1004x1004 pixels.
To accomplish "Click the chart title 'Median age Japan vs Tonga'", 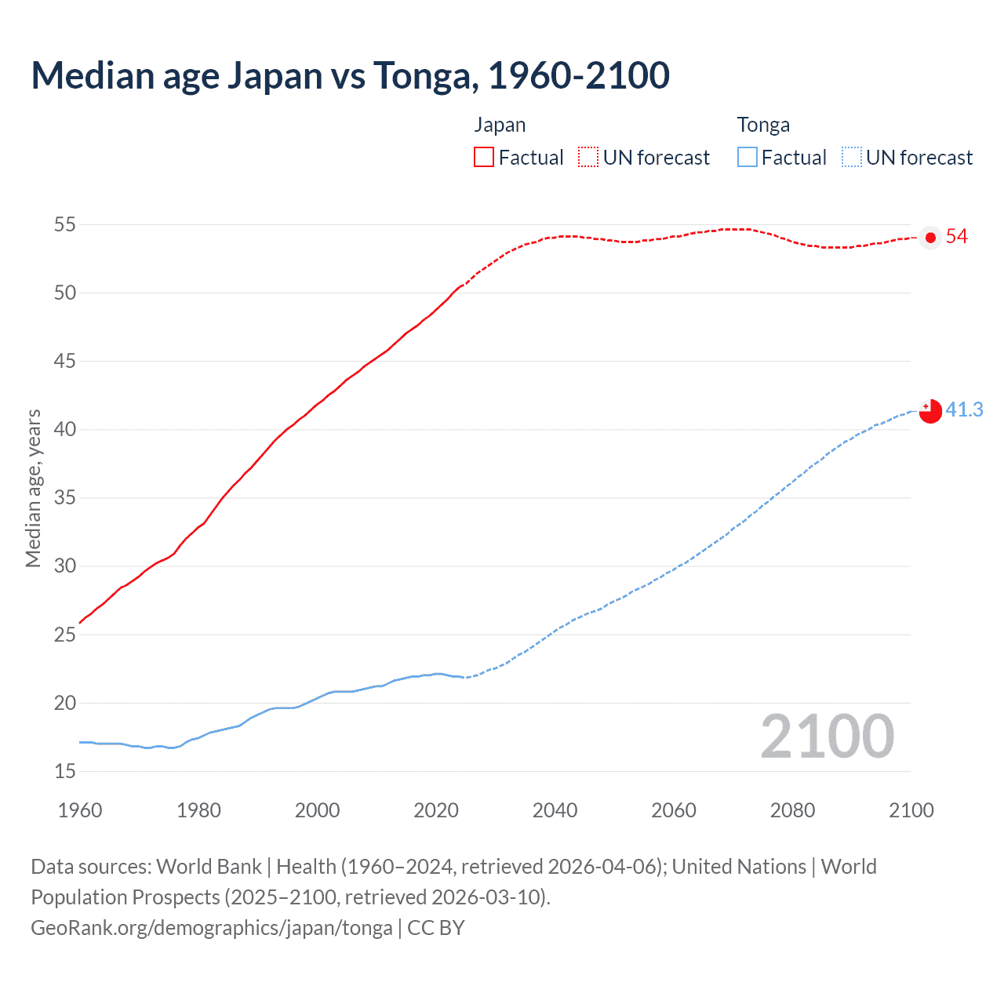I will pos(350,75).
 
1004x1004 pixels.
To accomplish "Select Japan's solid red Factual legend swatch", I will pos(484,157).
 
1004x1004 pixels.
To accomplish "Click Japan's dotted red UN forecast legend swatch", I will pos(588,157).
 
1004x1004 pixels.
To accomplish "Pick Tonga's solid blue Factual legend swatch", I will pos(748,157).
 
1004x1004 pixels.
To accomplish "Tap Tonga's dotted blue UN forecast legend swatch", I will pos(852,157).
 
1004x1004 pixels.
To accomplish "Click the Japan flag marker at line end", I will pos(930,238).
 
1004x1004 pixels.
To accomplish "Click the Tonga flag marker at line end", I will pos(930,411).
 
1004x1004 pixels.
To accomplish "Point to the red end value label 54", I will pos(957,237).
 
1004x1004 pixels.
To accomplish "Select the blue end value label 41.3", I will pos(964,409).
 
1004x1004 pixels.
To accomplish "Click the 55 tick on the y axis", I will pos(64,225).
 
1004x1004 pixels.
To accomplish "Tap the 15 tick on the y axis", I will pos(64,772).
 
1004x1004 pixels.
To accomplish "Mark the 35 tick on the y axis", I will pos(64,498).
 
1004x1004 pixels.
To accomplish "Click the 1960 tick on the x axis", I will pos(80,810).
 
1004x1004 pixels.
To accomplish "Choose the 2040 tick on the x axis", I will pos(555,810).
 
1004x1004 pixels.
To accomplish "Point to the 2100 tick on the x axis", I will pos(911,810).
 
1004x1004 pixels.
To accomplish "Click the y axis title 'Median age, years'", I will pos(33,488).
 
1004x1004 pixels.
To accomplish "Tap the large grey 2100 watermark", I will pos(827,737).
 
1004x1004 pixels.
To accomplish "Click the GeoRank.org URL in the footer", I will pos(211,928).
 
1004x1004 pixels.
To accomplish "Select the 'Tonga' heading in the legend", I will pos(763,125).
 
